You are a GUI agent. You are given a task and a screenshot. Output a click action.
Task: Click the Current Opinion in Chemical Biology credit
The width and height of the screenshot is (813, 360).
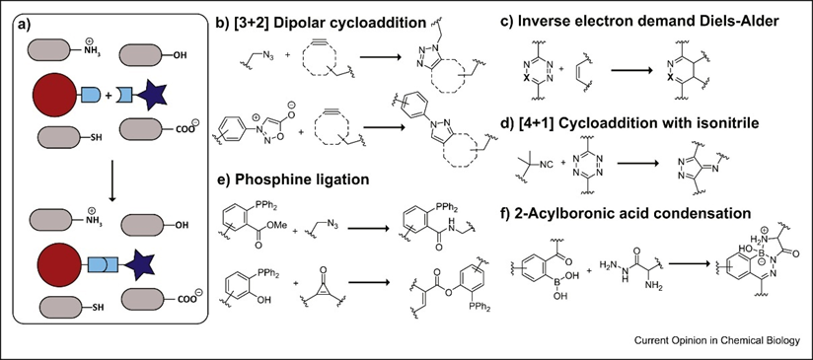click(716, 340)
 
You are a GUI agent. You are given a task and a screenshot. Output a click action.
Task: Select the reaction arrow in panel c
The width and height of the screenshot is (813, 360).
click(631, 68)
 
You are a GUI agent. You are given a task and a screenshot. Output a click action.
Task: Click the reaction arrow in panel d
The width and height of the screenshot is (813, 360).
click(637, 162)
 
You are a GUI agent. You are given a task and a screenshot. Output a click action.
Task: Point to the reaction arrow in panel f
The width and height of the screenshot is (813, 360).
click(690, 263)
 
